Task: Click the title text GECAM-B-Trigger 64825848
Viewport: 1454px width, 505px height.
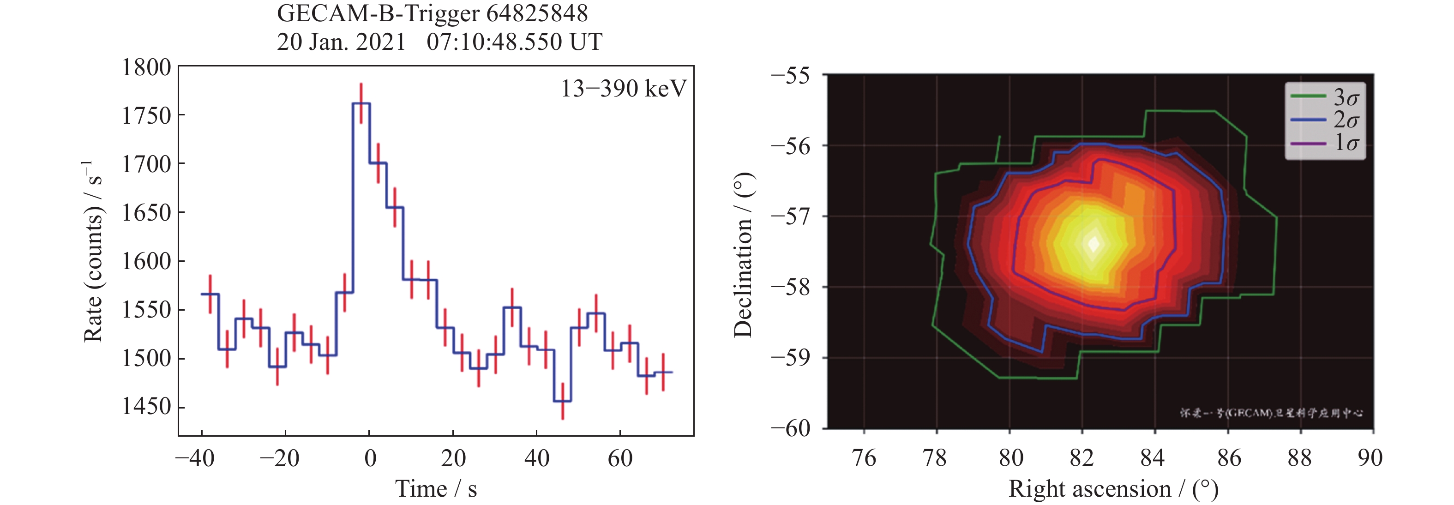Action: click(432, 13)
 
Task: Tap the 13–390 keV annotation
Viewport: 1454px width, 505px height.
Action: click(623, 89)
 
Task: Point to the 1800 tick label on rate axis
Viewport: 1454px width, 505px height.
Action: click(147, 68)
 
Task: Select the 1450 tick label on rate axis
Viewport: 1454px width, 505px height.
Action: click(147, 406)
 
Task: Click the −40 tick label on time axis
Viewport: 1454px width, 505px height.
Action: click(195, 458)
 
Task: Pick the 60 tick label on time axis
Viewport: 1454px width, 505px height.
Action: click(620, 458)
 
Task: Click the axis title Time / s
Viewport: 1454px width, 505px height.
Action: click(436, 489)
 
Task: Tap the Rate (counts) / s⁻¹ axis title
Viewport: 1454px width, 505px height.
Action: click(93, 251)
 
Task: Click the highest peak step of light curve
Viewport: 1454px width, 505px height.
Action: click(361, 104)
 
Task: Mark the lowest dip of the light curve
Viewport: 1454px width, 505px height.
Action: click(562, 401)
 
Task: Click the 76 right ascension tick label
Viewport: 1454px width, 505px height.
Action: click(864, 458)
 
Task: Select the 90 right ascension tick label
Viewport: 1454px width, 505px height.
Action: click(1370, 458)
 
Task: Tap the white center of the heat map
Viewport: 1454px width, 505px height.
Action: click(1094, 244)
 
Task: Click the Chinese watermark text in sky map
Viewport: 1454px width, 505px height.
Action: click(1270, 413)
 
